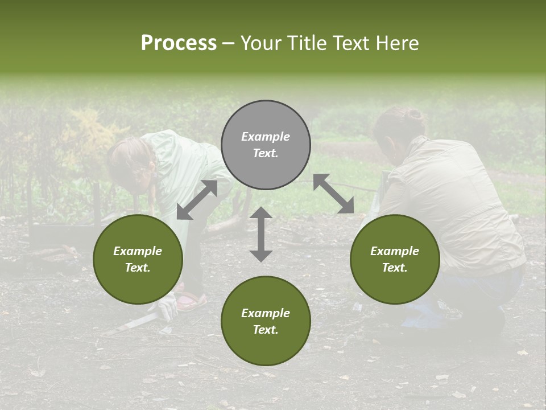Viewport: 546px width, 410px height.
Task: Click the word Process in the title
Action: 179,43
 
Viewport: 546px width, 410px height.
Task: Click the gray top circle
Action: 266,145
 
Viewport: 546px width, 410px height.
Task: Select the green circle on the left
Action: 138,259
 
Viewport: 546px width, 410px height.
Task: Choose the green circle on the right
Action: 395,259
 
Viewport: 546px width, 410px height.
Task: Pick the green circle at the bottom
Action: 266,321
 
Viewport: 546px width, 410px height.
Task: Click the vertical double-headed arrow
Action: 261,234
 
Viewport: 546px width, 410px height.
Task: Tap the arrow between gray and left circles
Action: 197,200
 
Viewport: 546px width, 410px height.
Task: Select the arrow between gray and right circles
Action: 333,194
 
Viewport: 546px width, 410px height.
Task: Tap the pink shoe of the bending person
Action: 191,301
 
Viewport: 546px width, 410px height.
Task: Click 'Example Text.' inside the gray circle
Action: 266,145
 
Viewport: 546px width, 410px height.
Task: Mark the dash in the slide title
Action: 229,43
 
